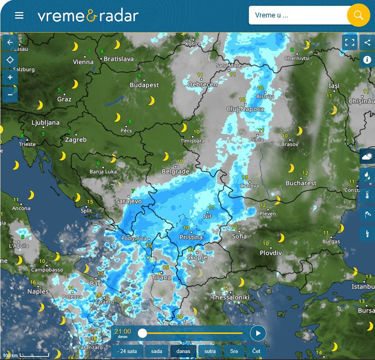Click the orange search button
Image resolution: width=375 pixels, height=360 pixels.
358,15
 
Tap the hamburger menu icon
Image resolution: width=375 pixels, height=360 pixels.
19,15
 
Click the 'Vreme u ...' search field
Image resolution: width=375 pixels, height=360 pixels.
297,15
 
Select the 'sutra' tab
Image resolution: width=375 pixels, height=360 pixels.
210,351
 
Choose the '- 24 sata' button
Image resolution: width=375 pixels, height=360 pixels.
127,351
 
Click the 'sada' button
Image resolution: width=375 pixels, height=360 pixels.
157,351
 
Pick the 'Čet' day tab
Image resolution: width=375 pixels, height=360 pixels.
256,351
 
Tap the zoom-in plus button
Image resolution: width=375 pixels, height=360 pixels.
10,77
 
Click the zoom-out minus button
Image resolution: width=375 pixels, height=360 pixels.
10,94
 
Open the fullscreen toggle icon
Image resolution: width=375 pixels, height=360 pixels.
350,42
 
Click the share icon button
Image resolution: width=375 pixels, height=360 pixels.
367,42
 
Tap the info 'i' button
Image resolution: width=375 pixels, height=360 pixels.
367,59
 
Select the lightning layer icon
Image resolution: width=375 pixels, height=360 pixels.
367,234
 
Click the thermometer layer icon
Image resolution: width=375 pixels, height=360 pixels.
367,195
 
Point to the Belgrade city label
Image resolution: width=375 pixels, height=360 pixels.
175,171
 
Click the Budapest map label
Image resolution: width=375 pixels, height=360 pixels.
144,85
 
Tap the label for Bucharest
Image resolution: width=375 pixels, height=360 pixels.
301,183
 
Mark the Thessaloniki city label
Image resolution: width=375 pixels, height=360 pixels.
230,297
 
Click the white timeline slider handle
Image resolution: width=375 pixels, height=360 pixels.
142,333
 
